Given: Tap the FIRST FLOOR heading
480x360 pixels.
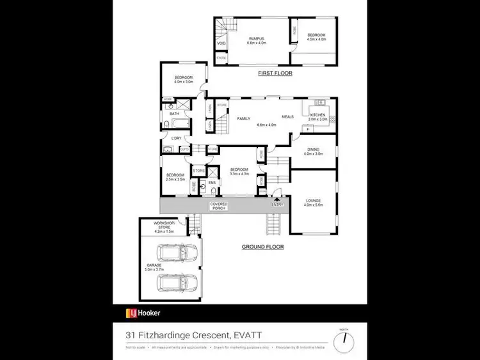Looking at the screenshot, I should point(275,74).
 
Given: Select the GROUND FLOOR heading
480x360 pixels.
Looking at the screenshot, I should point(262,246).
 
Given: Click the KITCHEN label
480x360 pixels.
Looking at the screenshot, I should point(317,114).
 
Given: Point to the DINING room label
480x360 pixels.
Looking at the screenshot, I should point(314,150).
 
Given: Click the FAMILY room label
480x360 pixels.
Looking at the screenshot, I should point(243,119).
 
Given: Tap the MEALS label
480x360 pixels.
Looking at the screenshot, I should point(287,117).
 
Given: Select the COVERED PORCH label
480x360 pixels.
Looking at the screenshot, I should point(219,206).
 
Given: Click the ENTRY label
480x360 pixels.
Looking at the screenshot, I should point(277,205).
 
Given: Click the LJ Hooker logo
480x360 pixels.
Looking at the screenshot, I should point(143,313).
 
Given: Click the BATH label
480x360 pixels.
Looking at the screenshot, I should point(174,114).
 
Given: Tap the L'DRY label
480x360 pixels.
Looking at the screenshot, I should point(174,138).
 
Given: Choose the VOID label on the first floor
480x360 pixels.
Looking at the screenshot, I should point(221,43).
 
